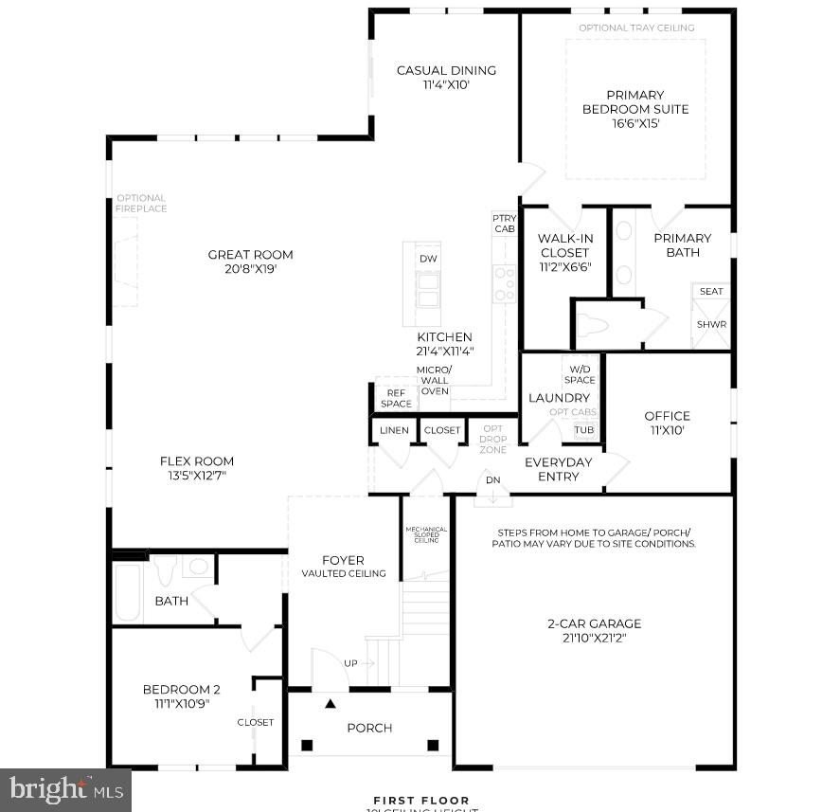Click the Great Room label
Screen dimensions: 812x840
pyautogui.click(x=250, y=254)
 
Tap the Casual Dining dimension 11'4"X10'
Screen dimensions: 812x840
pyautogui.click(x=446, y=85)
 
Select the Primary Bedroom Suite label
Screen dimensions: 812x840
pyautogui.click(x=634, y=101)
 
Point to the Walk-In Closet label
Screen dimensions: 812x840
pyautogui.click(x=563, y=245)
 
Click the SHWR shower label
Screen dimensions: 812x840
pyautogui.click(x=711, y=324)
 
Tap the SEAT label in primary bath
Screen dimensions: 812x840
pyautogui.click(x=711, y=292)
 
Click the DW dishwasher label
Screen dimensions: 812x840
pyautogui.click(x=428, y=259)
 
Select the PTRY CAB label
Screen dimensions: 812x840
pyautogui.click(x=504, y=224)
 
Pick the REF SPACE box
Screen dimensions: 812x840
pyautogui.click(x=396, y=398)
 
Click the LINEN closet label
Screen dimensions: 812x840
pyautogui.click(x=394, y=430)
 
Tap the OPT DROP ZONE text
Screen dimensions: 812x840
pyautogui.click(x=492, y=440)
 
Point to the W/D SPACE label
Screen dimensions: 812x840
pyautogui.click(x=580, y=374)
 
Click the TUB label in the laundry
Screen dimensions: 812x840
pyautogui.click(x=584, y=430)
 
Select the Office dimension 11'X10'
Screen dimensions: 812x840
pyautogui.click(x=667, y=430)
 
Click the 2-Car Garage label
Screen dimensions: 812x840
pyautogui.click(x=594, y=623)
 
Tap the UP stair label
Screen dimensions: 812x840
pyautogui.click(x=351, y=663)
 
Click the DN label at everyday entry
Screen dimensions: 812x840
pyautogui.click(x=492, y=480)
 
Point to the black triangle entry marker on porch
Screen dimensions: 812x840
pyautogui.click(x=331, y=704)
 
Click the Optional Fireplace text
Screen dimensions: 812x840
pyautogui.click(x=141, y=204)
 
